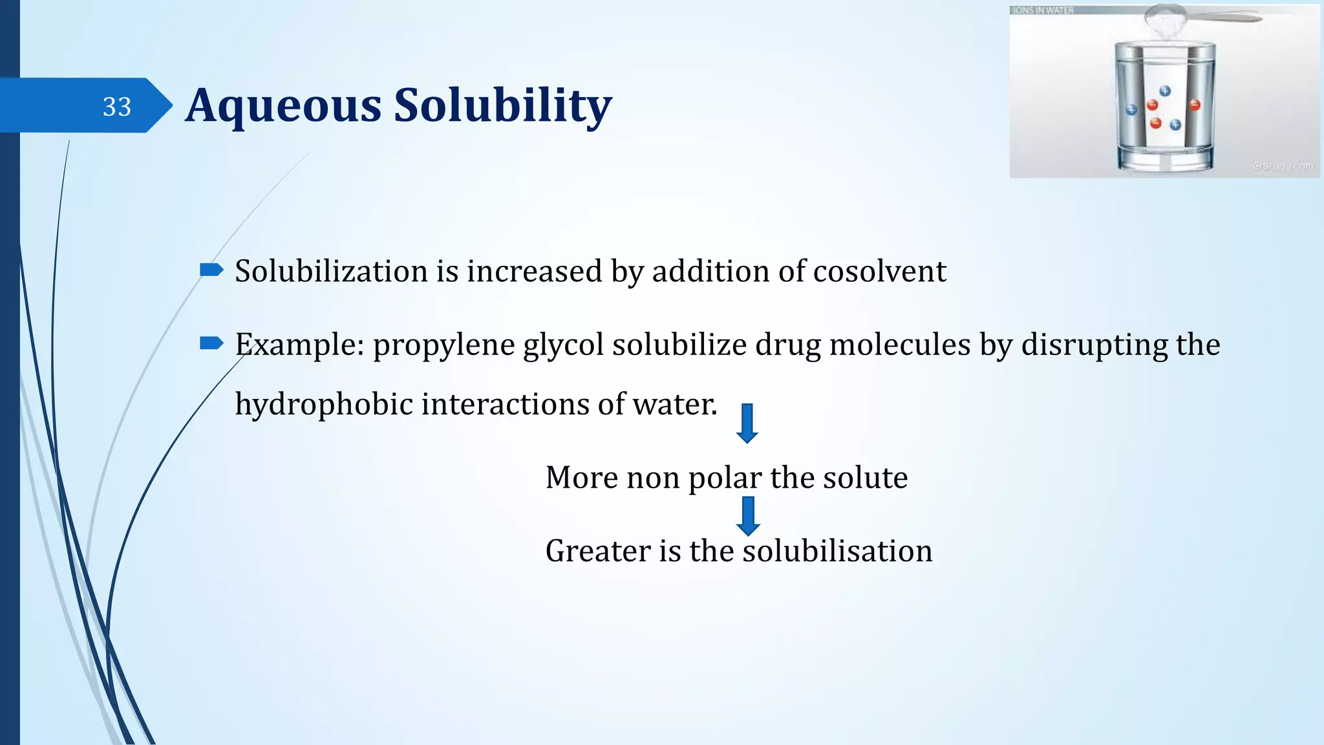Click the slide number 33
click(117, 107)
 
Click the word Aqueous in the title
click(283, 105)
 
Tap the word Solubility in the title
click(502, 105)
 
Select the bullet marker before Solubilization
click(211, 270)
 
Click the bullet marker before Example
click(211, 343)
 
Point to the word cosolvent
click(879, 271)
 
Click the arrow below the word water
click(747, 423)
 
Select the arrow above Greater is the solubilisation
click(748, 515)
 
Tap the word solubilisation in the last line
click(837, 551)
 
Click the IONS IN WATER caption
click(1042, 10)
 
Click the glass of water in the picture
click(1165, 107)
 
